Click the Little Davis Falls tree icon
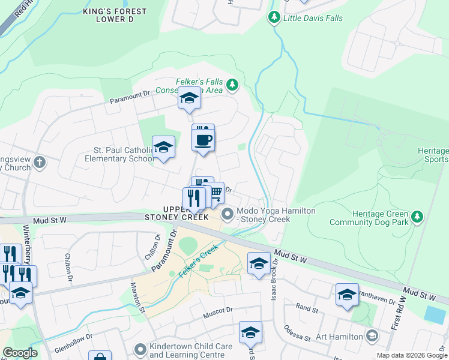pyautogui.click(x=274, y=18)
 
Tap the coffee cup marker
pyautogui.click(x=203, y=140)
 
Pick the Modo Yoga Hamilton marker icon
pyautogui.click(x=228, y=214)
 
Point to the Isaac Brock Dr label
pyautogui.click(x=275, y=281)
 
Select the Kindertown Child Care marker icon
pyautogui.click(x=140, y=349)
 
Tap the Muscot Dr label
pyautogui.click(x=217, y=310)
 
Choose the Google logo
pyautogui.click(x=20, y=353)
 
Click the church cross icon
pyautogui.click(x=40, y=162)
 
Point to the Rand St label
pyautogui.click(x=307, y=308)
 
